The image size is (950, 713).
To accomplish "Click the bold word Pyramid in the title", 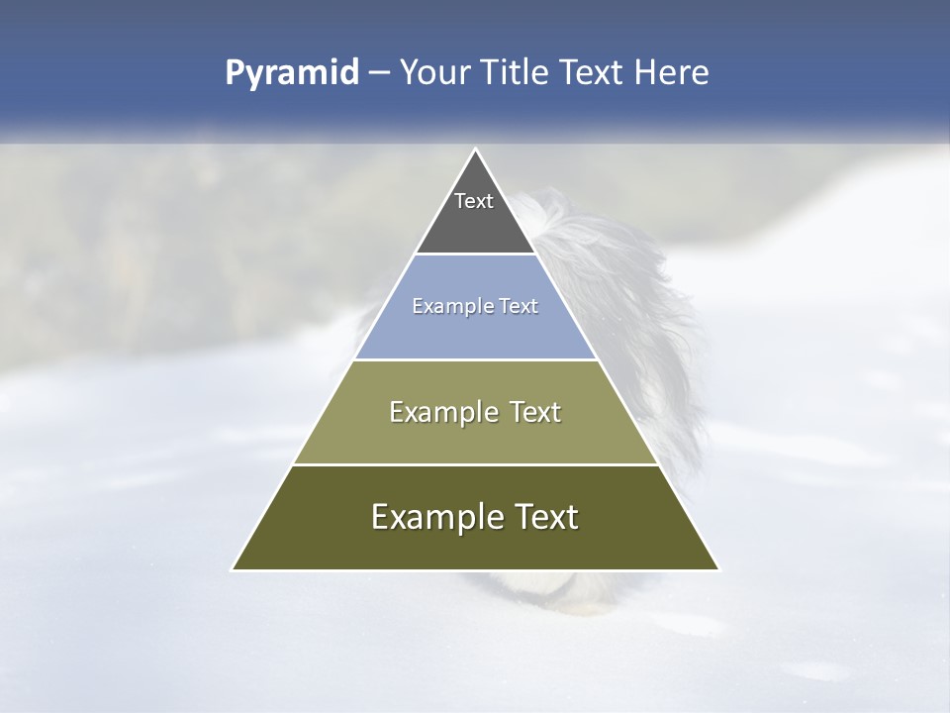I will coord(292,73).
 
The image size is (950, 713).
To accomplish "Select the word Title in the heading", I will coord(522,73).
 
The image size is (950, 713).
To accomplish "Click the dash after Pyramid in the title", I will coord(379,73).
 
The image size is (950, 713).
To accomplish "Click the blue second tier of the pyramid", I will coord(475,332).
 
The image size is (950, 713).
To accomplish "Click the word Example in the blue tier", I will coord(447,307).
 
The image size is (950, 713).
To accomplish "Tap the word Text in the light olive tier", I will coord(536,412).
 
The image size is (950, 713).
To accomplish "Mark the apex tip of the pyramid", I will coord(476,151).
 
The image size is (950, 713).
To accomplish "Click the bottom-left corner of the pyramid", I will coord(234,568).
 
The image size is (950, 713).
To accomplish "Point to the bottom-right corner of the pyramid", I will coord(717,568).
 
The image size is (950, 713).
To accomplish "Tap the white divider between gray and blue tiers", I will coord(475,254).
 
